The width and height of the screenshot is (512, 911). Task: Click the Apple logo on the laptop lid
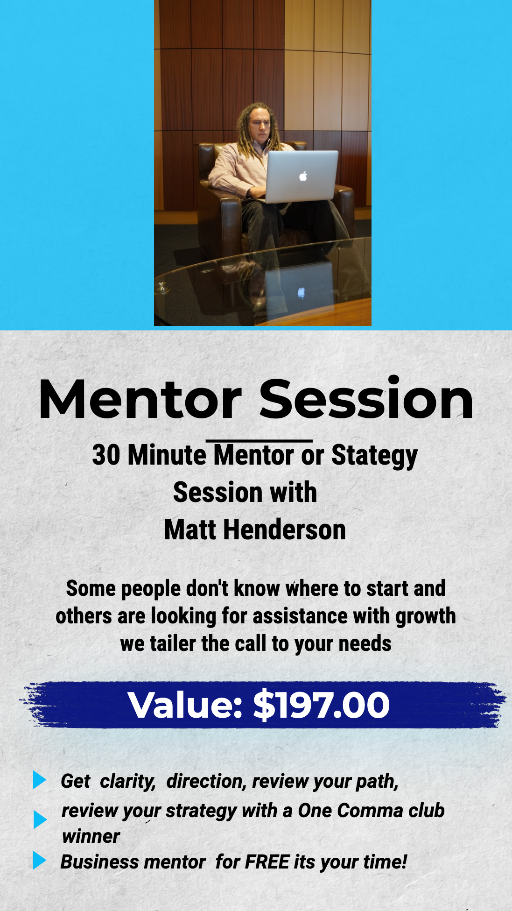click(303, 177)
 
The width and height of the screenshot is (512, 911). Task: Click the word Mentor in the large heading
click(140, 400)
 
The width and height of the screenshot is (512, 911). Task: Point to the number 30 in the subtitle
click(106, 455)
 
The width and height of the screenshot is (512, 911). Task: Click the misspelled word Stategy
click(374, 456)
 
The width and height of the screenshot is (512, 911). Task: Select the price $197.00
click(322, 705)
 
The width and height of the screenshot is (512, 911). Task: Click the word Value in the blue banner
click(185, 705)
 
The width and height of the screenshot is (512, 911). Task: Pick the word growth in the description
click(426, 617)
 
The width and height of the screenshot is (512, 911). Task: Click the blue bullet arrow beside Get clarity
click(39, 780)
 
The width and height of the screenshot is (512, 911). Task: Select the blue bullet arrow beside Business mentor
click(39, 860)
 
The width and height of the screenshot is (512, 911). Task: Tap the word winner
click(91, 836)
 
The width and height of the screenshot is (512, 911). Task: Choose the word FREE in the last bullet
click(267, 862)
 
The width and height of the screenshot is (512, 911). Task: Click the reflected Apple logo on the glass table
click(302, 293)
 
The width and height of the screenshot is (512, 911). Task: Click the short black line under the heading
click(259, 440)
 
